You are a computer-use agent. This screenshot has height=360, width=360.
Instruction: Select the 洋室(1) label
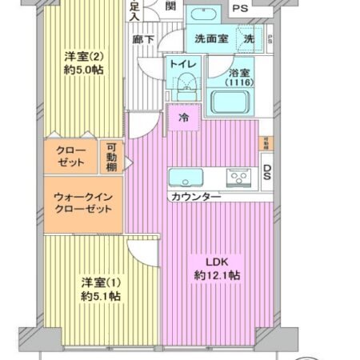tap(100, 282)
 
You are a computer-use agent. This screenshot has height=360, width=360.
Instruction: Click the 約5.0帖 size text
tap(83, 70)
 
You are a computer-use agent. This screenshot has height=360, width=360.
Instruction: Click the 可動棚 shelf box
tap(111, 157)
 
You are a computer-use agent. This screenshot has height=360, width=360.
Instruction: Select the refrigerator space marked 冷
tap(184, 118)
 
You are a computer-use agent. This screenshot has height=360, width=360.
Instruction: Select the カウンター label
tap(195, 196)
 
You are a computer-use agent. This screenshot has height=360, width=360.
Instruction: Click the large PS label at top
tap(239, 9)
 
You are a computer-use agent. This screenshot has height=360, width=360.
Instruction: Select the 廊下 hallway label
tap(144, 38)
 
